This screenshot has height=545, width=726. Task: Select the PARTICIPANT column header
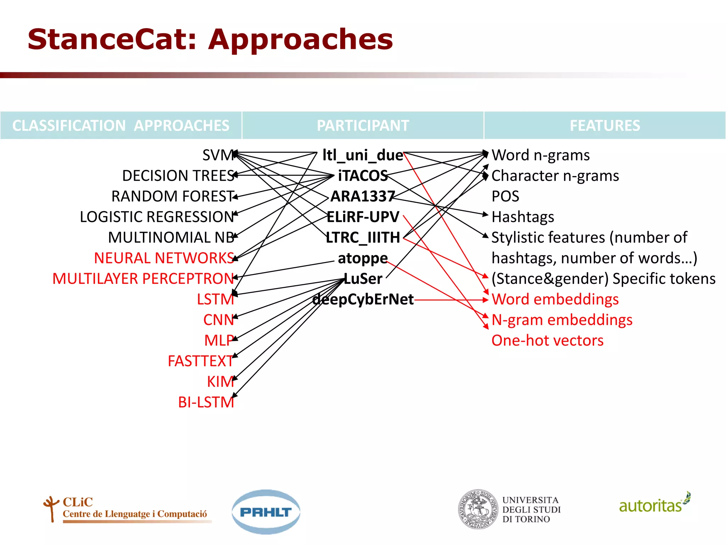[363, 126]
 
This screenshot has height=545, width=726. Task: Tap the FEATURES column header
[605, 126]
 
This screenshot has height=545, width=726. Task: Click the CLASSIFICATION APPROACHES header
[121, 126]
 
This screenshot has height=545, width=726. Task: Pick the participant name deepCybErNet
[363, 299]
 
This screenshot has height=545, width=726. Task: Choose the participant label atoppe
[363, 258]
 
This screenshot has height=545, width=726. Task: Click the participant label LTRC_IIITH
[363, 238]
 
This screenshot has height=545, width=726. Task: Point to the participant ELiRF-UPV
[363, 217]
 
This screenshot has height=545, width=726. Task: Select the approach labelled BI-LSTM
[206, 402]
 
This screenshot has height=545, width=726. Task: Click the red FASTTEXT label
[200, 361]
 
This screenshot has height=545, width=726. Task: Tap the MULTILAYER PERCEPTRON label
[143, 279]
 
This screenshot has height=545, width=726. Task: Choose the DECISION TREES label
[178, 176]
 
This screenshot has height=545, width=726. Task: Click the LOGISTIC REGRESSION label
[157, 217]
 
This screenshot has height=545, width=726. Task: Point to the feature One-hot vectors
[547, 341]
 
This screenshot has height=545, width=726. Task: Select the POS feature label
[505, 197]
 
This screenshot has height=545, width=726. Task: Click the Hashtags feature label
[523, 217]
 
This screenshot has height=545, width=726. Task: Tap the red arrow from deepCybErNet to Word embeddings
[450, 300]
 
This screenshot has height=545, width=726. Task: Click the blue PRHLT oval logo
[266, 512]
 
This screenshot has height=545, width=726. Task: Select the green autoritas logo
[654, 504]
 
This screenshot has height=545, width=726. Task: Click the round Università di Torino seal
[478, 510]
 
